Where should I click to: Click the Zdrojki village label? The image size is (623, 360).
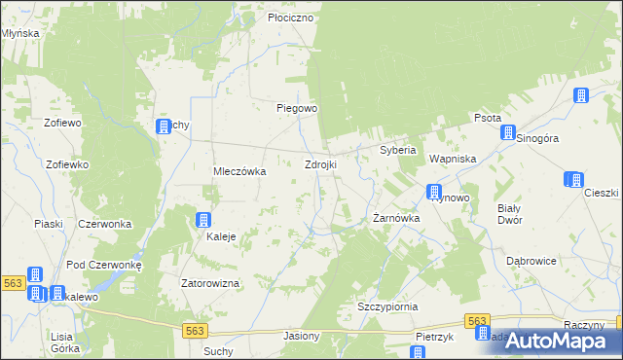[x=320, y=164]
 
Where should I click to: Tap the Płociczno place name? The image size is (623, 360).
[x=290, y=18]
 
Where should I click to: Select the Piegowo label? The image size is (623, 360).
[x=297, y=108]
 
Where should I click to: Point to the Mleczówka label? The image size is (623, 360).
[x=239, y=171]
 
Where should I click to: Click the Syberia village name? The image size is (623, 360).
[x=397, y=151]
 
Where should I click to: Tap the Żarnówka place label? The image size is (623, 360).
[x=396, y=219]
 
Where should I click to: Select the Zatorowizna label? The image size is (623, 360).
[x=210, y=283]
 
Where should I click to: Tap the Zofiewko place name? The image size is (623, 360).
[x=67, y=164]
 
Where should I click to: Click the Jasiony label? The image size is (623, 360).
[x=301, y=336]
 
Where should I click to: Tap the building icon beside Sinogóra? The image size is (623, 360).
[x=507, y=132]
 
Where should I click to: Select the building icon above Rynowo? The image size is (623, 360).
[x=434, y=192]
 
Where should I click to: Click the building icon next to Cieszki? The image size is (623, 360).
[x=574, y=179]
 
